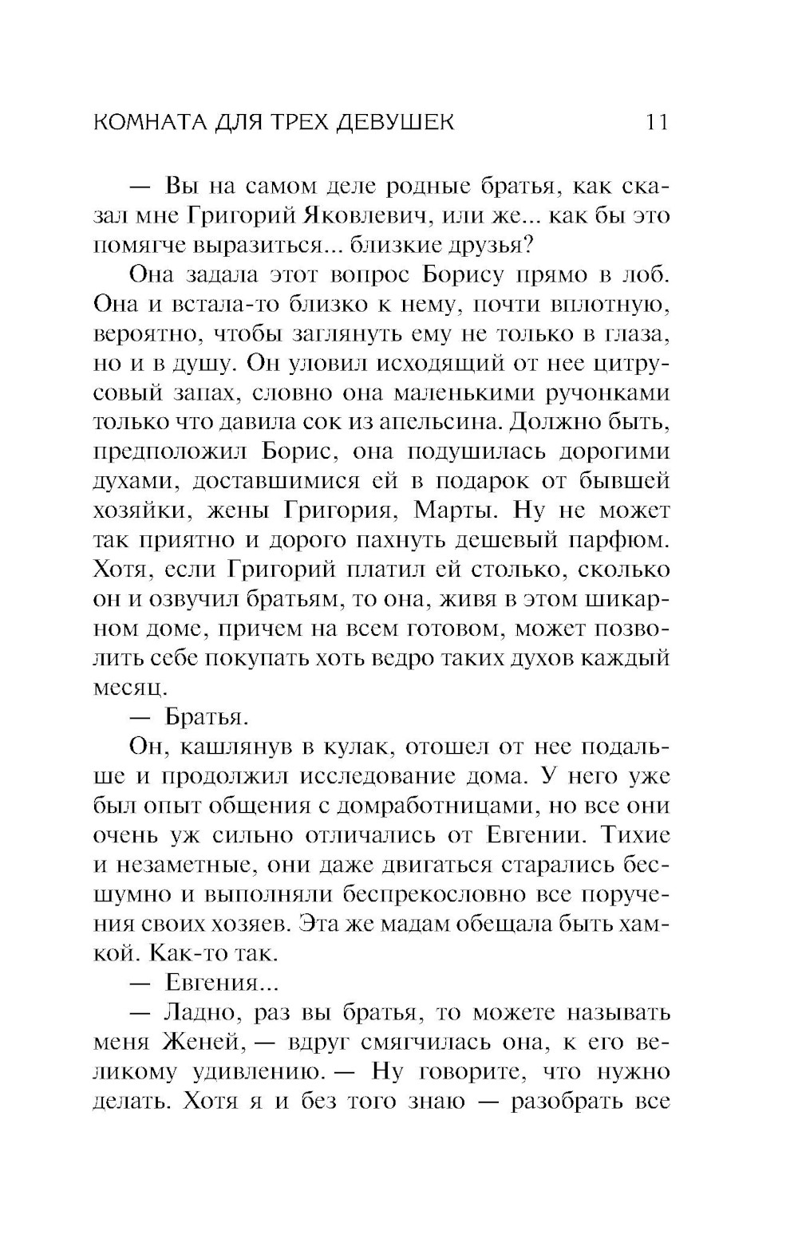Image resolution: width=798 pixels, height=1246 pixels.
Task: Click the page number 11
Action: coord(656,122)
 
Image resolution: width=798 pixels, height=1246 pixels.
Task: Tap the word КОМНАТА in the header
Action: coord(151,122)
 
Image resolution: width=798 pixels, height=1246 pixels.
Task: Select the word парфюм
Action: coord(616,541)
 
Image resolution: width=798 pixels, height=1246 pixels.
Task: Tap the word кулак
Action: coord(356,747)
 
